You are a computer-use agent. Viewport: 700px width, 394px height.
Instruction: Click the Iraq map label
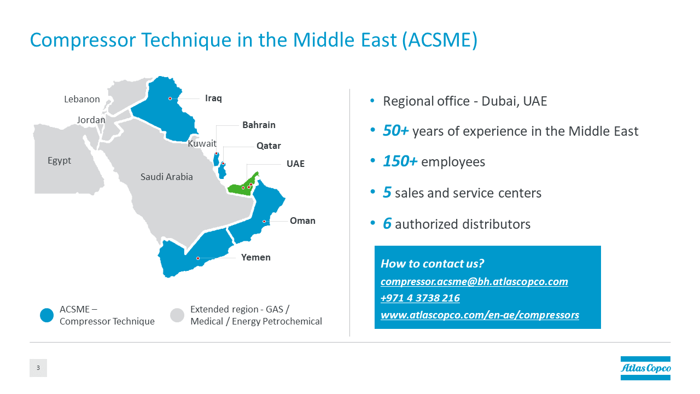(x=213, y=98)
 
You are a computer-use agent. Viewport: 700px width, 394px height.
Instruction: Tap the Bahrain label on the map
(x=259, y=125)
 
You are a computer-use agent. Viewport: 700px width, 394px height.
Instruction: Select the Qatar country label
(x=269, y=146)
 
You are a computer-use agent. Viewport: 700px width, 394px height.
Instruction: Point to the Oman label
(x=302, y=221)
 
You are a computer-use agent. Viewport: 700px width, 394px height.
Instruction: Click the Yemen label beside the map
(x=255, y=257)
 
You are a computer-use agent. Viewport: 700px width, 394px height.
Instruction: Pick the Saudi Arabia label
(x=167, y=177)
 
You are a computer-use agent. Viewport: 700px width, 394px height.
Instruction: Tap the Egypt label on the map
(x=60, y=161)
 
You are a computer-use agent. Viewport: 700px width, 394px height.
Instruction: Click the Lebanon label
(x=82, y=99)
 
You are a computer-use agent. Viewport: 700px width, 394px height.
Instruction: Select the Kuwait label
(x=202, y=143)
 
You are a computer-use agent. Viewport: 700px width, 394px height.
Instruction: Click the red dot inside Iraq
(x=170, y=99)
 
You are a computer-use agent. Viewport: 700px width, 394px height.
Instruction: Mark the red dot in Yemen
(x=198, y=258)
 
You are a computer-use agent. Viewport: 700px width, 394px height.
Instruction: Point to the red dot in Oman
(x=264, y=222)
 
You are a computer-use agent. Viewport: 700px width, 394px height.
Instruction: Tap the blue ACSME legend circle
(x=47, y=315)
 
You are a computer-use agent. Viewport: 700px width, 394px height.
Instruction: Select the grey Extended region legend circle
(x=177, y=315)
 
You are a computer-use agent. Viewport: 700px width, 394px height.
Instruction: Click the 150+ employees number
(x=400, y=161)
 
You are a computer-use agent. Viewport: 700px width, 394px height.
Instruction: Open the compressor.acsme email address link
(x=474, y=281)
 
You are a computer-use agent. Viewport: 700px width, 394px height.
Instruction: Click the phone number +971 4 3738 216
(x=420, y=298)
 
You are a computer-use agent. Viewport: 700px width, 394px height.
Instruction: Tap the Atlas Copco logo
(x=645, y=368)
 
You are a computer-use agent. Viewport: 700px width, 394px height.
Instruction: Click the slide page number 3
(x=38, y=368)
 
